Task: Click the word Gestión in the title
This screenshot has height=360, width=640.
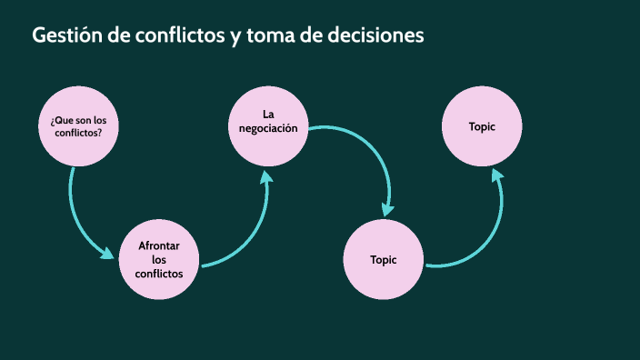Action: pos(62,37)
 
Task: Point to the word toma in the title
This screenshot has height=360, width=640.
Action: pos(261,37)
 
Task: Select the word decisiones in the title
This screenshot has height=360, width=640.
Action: pos(376,37)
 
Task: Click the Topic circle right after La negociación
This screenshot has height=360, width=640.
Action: pos(384,260)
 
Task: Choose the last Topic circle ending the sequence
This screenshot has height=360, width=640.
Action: pos(482,126)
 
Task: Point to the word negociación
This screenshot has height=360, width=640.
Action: pos(268,129)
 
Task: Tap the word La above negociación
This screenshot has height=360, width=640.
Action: pos(268,115)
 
